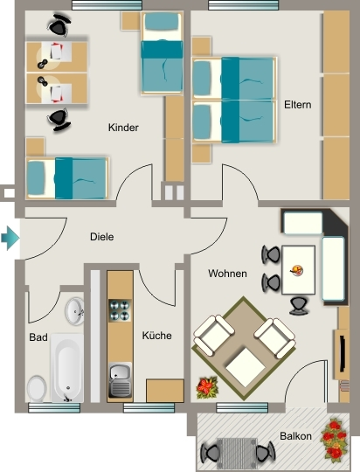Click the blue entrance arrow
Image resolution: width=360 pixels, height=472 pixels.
10,239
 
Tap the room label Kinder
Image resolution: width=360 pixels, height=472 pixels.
123,128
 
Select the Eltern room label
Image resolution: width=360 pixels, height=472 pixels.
298,105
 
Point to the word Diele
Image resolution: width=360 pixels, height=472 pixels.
102,237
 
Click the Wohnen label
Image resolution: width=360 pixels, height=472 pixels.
227,274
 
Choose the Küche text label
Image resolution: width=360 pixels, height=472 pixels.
156,336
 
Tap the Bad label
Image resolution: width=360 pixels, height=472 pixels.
38,337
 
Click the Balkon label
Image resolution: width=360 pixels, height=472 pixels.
295,436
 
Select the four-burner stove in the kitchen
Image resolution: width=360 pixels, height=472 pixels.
120,310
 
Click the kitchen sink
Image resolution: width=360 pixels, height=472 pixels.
120,380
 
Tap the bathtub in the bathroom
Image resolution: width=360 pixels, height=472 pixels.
67,368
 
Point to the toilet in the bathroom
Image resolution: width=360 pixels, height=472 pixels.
37,388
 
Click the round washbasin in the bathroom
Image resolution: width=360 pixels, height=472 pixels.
75,311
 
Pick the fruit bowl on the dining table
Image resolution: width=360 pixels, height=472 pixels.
297,270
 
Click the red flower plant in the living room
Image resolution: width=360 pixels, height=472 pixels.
207,387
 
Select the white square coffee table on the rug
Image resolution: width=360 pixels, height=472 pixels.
246,367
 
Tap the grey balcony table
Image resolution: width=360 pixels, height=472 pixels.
237,453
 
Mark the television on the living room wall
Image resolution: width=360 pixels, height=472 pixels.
343,354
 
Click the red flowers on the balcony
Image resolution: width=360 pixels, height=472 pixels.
334,439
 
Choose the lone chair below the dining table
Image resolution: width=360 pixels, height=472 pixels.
299,306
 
